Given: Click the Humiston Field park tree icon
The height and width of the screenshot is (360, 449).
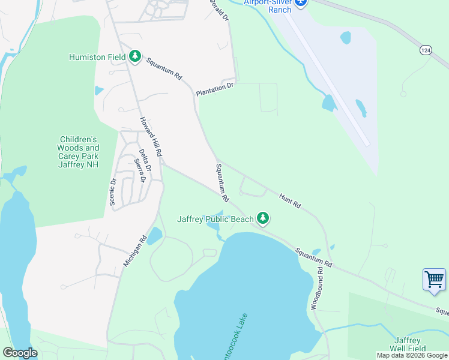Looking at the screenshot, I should [136, 57].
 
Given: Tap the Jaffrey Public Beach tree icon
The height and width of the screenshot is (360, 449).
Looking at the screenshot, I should [262, 219].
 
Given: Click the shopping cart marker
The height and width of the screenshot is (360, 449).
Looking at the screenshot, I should [434, 280].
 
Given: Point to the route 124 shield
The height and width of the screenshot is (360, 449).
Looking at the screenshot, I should [425, 50].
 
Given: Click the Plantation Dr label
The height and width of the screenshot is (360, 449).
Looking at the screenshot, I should [214, 90].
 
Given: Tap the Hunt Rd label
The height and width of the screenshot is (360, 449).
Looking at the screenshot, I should [290, 200].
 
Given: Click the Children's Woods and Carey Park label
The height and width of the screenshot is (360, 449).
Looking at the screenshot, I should [78, 152].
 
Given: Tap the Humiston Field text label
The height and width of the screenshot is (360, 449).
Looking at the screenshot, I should [97, 57].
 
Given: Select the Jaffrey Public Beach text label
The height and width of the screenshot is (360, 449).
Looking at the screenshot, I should [215, 219].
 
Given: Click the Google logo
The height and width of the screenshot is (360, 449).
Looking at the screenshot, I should [20, 353].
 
